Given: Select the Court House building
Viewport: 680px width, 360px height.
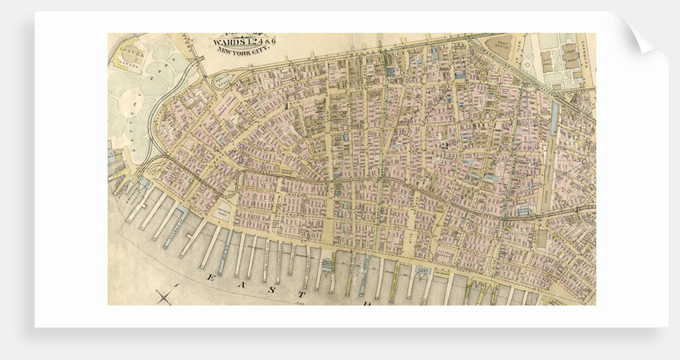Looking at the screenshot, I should (x=570, y=56).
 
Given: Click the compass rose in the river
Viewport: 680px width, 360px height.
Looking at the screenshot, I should (x=166, y=298).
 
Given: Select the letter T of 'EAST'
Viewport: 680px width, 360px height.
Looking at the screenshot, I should (x=365, y=304).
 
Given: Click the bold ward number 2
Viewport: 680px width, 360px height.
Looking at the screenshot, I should (x=442, y=145).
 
